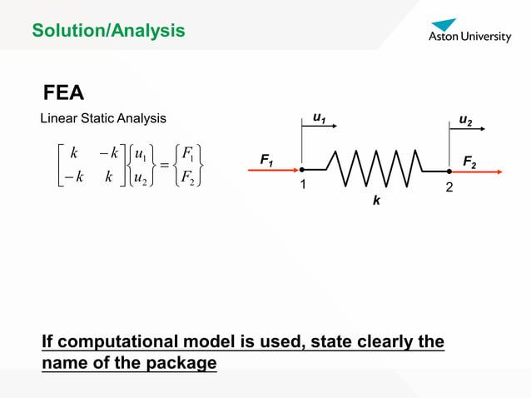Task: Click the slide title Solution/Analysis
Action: pyautogui.click(x=108, y=32)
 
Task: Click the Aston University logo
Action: pyautogui.click(x=469, y=31)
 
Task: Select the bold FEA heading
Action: pyautogui.click(x=64, y=92)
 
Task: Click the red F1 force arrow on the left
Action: pyautogui.click(x=275, y=171)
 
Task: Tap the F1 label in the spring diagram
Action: pyautogui.click(x=266, y=158)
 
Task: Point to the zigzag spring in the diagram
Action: pyautogui.click(x=375, y=170)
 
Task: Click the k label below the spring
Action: pyautogui.click(x=376, y=201)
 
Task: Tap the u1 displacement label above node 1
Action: pyautogui.click(x=318, y=119)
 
